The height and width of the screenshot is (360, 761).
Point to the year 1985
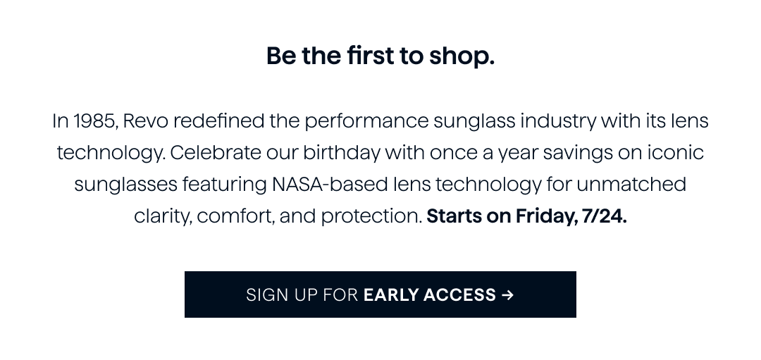pyautogui.click(x=94, y=120)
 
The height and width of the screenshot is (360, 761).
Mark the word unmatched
pyautogui.click(x=631, y=185)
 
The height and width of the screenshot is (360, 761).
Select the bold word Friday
pyautogui.click(x=547, y=216)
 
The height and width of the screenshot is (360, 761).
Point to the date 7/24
pyautogui.click(x=605, y=216)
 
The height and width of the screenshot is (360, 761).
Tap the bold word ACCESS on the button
pyautogui.click(x=459, y=295)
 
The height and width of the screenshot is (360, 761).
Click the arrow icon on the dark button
pyautogui.click(x=507, y=295)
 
